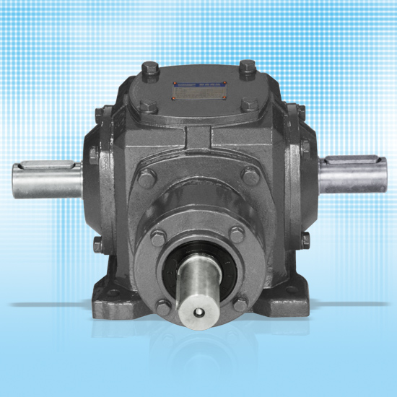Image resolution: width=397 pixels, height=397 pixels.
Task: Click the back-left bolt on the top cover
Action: coord(152,70)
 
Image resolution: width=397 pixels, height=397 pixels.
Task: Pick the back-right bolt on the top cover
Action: coord(246,69)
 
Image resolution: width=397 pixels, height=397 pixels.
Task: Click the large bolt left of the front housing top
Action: coord(147,178)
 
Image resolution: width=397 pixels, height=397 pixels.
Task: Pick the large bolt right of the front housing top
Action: coord(250,175)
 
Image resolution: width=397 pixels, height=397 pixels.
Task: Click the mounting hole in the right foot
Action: coord(291,291)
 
